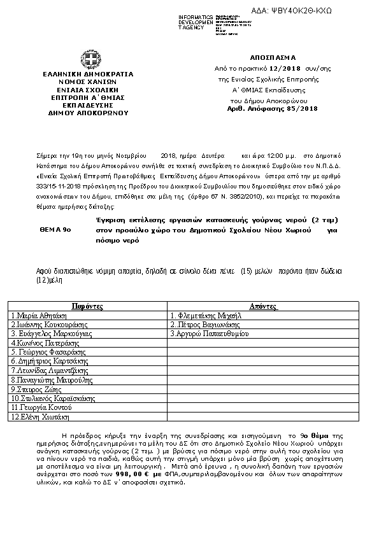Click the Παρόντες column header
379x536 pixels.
[87, 306]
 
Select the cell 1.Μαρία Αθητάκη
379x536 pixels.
[36, 314]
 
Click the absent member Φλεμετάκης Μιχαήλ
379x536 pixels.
[206, 314]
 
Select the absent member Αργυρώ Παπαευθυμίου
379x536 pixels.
[209, 332]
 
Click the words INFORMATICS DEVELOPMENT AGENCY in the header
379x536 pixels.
[196, 22]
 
